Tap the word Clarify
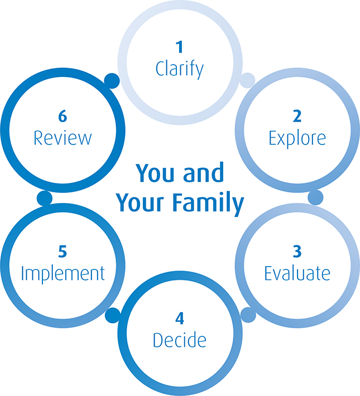click(180, 69)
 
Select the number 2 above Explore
click(297, 116)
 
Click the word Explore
click(297, 137)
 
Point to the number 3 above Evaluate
click(297, 252)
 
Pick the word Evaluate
click(297, 273)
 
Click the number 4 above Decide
click(180, 318)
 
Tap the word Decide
click(180, 339)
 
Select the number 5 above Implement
click(63, 252)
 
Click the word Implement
click(63, 273)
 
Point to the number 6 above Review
click(63, 116)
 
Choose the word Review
click(63, 137)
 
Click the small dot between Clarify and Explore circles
click(247, 80)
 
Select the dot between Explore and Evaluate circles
click(315, 196)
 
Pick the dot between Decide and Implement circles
click(113, 315)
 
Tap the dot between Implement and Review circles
click(44, 197)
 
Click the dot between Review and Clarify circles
click(112, 80)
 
